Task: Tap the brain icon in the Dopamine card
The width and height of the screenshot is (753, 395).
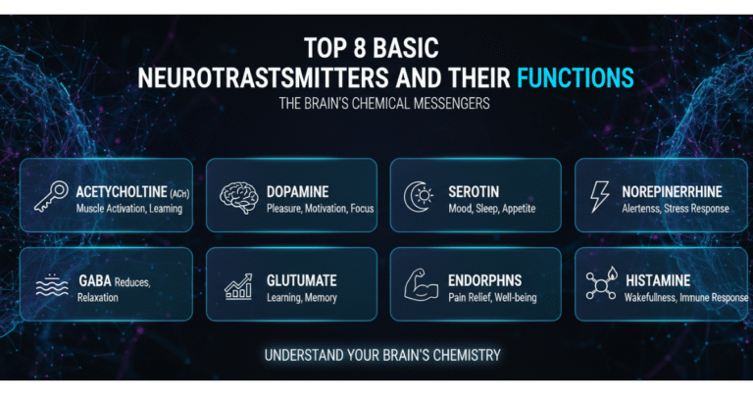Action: [x=236, y=196]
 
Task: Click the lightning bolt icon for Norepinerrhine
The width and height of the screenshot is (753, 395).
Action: [x=599, y=197]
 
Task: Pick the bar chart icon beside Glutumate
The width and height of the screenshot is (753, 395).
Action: [x=237, y=285]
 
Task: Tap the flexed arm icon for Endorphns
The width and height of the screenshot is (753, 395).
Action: [x=423, y=284]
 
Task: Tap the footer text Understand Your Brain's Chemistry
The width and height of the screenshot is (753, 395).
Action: [x=376, y=356]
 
